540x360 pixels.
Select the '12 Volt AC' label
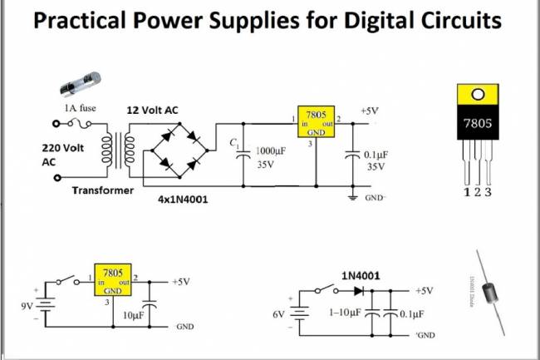click(153, 110)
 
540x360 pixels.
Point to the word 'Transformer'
click(102, 190)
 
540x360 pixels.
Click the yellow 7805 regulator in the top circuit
click(317, 121)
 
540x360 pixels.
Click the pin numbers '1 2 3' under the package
click(476, 193)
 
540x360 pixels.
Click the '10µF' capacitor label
click(134, 317)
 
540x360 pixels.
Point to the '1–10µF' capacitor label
click(344, 314)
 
